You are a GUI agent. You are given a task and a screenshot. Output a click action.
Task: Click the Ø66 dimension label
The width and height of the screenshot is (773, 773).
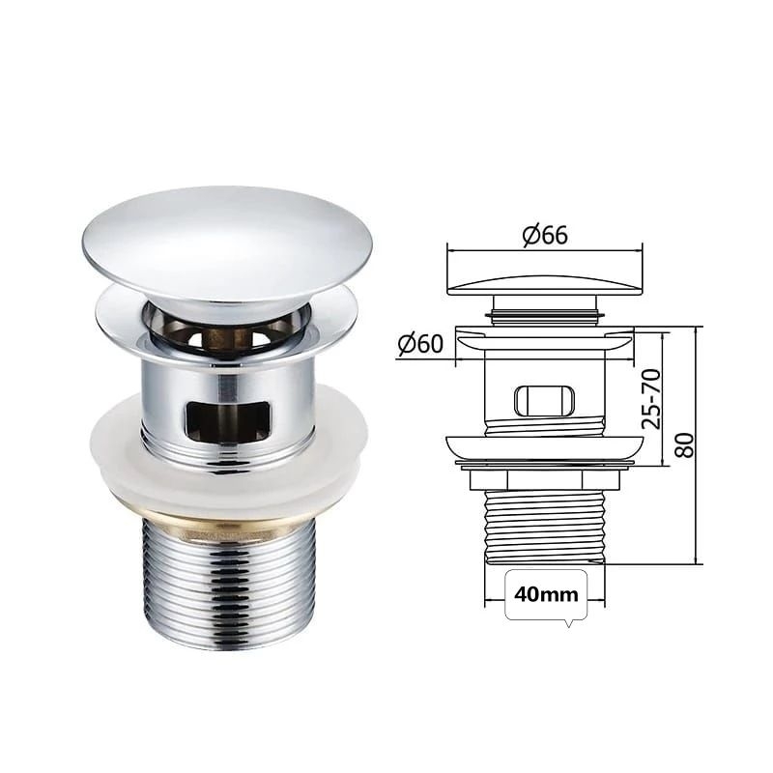click(545, 236)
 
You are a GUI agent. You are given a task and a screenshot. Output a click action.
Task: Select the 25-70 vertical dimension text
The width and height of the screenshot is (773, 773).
click(650, 399)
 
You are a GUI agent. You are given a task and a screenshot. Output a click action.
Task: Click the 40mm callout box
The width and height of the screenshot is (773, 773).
click(546, 594)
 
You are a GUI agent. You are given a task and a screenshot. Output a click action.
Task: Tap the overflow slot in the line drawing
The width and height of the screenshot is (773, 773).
click(545, 400)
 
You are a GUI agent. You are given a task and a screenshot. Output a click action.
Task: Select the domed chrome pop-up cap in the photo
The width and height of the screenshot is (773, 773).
click(227, 246)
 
